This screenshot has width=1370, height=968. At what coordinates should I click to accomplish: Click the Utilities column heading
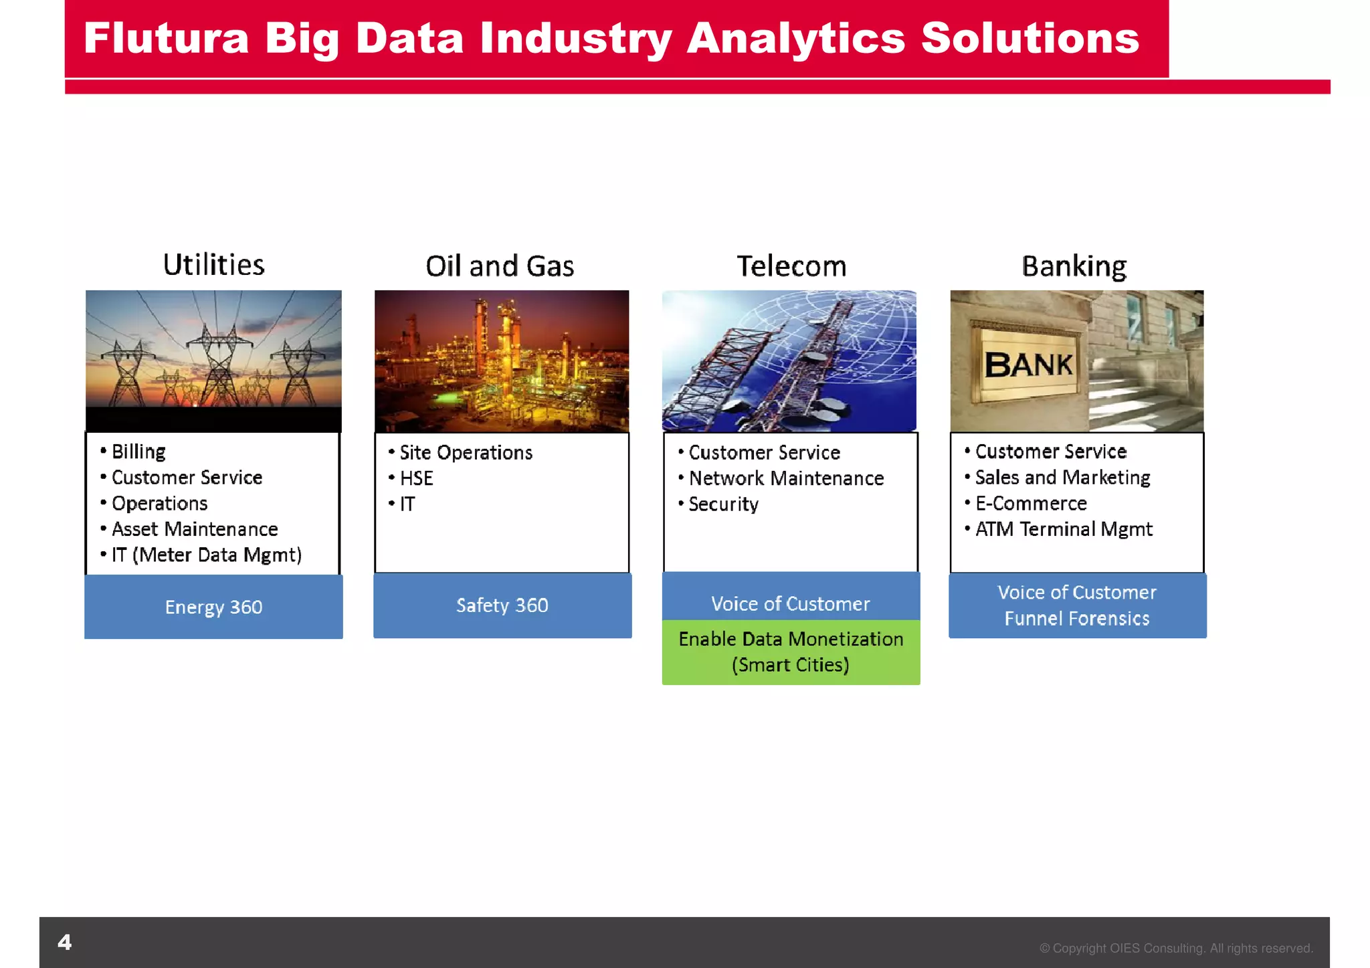[213, 265]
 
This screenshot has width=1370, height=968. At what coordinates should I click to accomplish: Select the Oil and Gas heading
[500, 266]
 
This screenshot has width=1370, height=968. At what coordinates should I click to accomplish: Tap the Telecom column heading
[791, 266]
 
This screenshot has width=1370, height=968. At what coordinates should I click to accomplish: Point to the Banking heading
[1074, 266]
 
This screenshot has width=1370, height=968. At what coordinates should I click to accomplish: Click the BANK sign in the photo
[1028, 365]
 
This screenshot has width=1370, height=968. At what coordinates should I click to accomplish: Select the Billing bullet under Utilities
[138, 452]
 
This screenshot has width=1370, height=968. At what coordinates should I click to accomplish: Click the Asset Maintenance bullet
[194, 529]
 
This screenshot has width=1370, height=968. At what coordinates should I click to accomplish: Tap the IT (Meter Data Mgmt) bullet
[206, 555]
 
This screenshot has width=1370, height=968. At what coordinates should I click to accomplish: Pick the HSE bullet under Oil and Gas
[416, 478]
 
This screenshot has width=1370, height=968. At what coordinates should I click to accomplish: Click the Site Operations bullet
[466, 453]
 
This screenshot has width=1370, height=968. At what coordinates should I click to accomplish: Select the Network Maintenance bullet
[786, 478]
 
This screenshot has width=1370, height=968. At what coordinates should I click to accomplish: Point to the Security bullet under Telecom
[723, 504]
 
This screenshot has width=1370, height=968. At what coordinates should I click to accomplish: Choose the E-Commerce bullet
[1030, 503]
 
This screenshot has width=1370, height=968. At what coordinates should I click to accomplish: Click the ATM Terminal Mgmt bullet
[1063, 529]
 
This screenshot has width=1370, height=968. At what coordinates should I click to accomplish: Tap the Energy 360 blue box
[213, 607]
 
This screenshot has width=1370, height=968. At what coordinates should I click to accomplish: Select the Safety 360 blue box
[502, 605]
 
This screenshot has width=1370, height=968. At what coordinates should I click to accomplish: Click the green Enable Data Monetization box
[791, 652]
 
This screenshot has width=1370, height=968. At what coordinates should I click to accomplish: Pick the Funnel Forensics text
[1076, 619]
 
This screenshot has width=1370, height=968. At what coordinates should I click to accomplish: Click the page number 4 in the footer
[65, 943]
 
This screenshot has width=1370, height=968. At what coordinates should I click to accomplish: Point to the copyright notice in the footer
[1175, 948]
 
